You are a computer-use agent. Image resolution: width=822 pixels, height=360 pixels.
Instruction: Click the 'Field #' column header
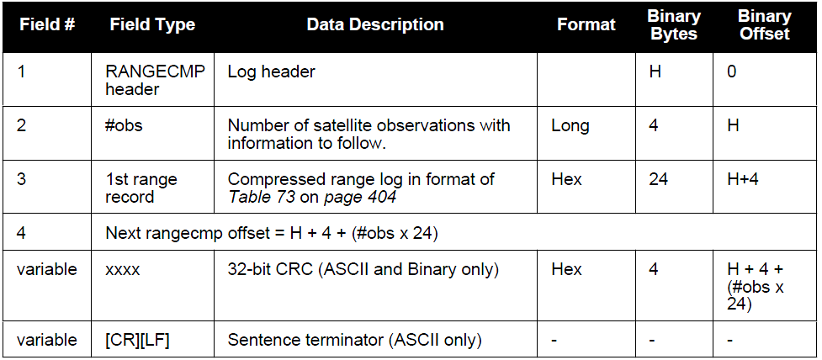coord(46,24)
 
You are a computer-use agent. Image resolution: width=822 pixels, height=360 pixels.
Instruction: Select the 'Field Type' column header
coord(152,24)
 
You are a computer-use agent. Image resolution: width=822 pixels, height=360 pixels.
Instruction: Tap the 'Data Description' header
coord(375,24)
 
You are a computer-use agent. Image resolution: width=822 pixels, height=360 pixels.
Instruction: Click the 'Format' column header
coord(586,24)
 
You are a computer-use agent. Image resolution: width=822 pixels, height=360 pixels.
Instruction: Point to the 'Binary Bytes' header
coord(674,24)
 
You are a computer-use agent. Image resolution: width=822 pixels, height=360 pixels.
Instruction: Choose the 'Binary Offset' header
coord(764,24)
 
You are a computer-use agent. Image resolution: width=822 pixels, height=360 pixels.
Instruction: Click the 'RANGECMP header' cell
coord(156,80)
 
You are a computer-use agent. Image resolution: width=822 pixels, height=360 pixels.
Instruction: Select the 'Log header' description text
coord(271,71)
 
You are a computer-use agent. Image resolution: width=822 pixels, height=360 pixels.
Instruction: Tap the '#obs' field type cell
coord(124,126)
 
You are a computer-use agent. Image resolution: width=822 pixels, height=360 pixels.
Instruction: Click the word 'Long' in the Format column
coord(570,126)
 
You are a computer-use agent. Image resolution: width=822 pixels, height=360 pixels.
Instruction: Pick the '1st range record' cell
coord(141,188)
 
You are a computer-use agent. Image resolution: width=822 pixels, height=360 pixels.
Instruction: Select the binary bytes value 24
coord(658,179)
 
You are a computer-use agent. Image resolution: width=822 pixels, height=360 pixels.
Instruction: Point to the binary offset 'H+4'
coord(744,179)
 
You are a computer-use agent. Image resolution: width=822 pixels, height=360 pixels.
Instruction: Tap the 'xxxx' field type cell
coord(123,269)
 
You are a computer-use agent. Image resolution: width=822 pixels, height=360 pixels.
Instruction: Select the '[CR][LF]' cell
coord(137,340)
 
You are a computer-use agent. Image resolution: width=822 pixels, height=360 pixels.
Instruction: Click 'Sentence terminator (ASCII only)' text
coord(354,340)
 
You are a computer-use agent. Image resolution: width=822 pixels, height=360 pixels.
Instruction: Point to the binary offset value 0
coord(732,71)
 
